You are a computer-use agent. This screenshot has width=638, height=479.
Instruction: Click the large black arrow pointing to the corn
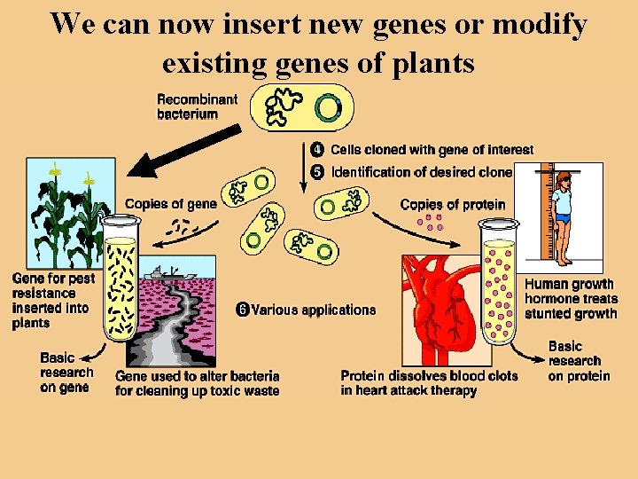(182, 152)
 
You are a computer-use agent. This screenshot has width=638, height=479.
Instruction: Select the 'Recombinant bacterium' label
(198, 106)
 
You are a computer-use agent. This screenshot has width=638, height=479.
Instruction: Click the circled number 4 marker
(316, 150)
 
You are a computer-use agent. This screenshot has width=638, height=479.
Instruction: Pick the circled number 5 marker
(316, 171)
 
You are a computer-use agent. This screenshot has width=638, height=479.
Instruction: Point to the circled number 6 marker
(242, 310)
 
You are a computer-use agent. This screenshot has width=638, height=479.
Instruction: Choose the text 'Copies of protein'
(453, 204)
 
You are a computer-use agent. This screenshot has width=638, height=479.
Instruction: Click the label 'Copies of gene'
(170, 204)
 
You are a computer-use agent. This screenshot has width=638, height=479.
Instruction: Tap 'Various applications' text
(314, 310)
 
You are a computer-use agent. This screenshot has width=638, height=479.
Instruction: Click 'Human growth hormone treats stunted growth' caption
(571, 299)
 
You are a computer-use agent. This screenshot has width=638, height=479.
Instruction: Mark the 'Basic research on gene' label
(66, 373)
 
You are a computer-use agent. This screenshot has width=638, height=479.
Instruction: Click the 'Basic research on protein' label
(579, 361)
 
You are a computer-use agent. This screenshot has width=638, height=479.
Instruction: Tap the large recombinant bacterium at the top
(301, 107)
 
